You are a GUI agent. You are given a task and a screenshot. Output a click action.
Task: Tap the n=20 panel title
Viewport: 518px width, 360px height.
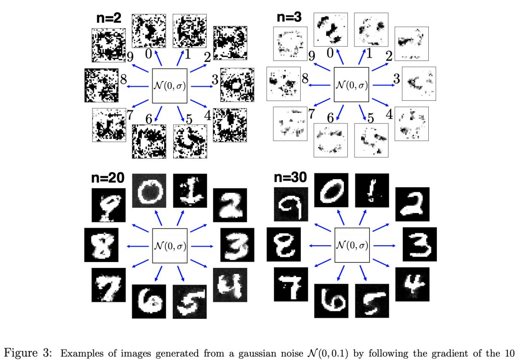[x=108, y=179]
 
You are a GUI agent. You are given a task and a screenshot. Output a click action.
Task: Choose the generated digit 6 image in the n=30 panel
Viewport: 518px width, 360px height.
[x=331, y=300]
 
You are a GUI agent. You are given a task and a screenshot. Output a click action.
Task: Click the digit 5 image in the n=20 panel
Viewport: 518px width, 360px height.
[x=189, y=301]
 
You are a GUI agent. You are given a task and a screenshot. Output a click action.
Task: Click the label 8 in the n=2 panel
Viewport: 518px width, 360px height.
[x=124, y=79]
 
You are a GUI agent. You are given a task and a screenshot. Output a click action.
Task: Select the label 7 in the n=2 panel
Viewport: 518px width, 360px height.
[x=129, y=114]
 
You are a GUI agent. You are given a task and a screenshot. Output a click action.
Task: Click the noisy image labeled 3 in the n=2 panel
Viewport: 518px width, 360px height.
[x=237, y=84]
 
